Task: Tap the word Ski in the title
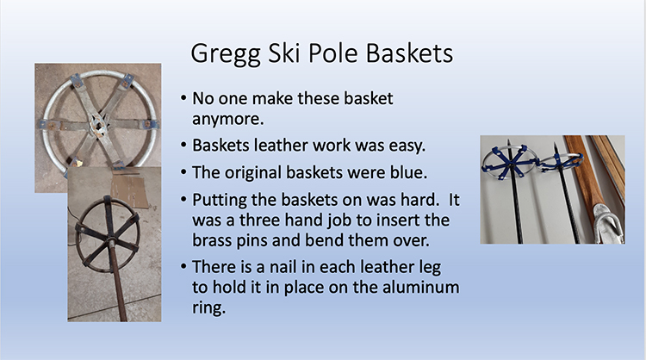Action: (x=283, y=53)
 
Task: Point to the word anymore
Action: (x=228, y=120)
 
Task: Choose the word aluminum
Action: (x=420, y=287)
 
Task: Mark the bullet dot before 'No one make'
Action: (x=183, y=98)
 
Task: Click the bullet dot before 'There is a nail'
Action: (x=183, y=267)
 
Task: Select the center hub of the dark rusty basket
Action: (x=110, y=239)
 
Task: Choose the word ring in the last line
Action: (x=209, y=308)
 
